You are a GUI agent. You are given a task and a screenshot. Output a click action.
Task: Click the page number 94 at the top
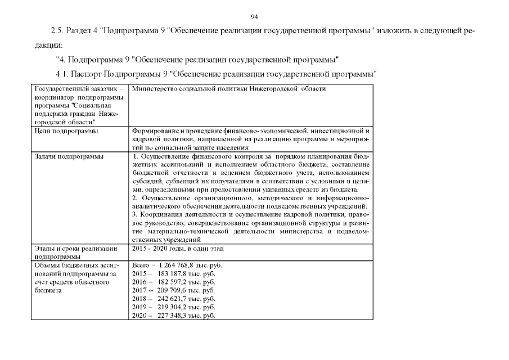[x=254, y=16]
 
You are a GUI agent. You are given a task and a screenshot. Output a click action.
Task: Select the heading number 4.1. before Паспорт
[x=62, y=74]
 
